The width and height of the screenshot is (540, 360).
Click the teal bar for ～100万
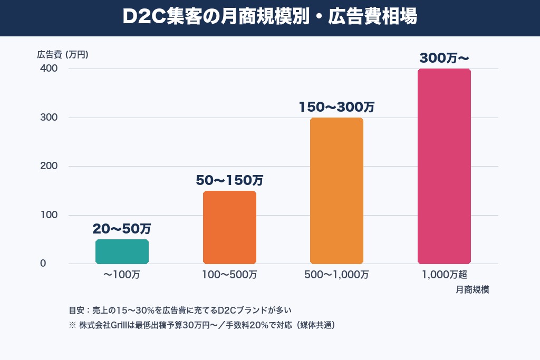[122, 251]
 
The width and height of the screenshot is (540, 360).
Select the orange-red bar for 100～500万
[229, 227]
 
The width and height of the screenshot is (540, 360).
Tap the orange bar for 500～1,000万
[336, 191]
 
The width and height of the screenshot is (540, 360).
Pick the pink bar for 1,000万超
[444, 166]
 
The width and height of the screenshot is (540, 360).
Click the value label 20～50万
[122, 229]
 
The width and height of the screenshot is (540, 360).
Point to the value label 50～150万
[229, 180]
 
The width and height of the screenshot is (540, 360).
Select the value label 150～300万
[336, 107]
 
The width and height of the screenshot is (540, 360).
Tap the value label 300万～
[444, 59]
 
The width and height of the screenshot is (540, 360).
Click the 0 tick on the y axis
[43, 264]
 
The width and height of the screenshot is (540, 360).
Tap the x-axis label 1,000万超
[444, 275]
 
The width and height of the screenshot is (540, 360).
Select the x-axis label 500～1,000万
[336, 275]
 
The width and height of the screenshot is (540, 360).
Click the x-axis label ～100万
[122, 275]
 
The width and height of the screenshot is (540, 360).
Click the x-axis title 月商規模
[472, 290]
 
